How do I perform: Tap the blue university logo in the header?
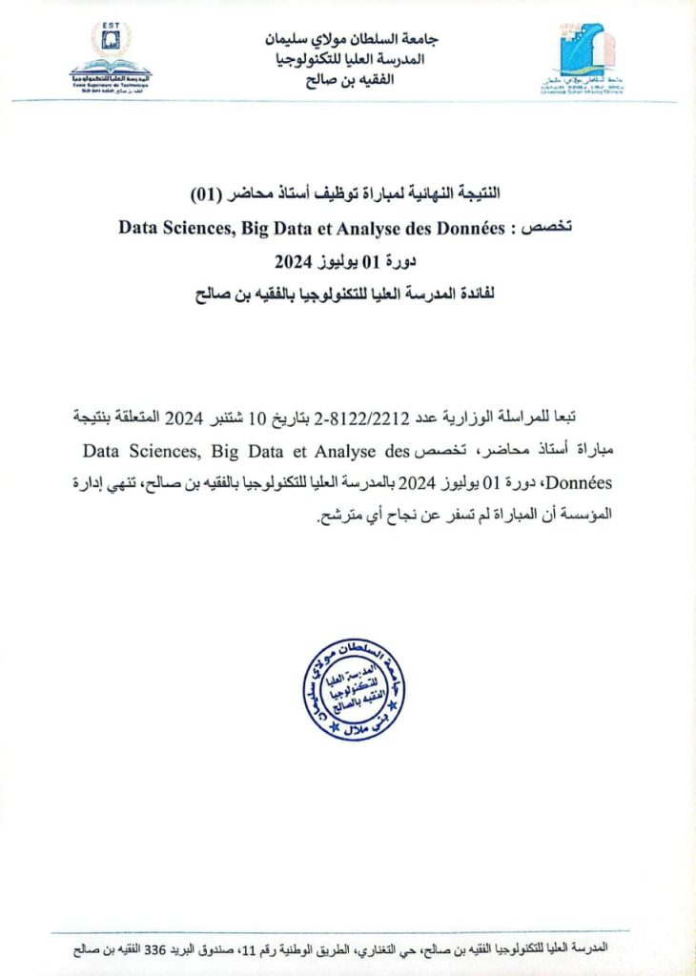point(585,58)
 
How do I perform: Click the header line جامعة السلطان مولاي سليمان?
point(349,39)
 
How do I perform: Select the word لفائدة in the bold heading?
point(483,295)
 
